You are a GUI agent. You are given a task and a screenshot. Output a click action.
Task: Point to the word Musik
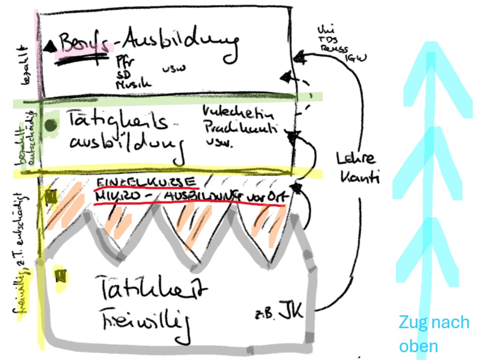134,84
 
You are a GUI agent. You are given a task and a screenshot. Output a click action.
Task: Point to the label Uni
324,30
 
